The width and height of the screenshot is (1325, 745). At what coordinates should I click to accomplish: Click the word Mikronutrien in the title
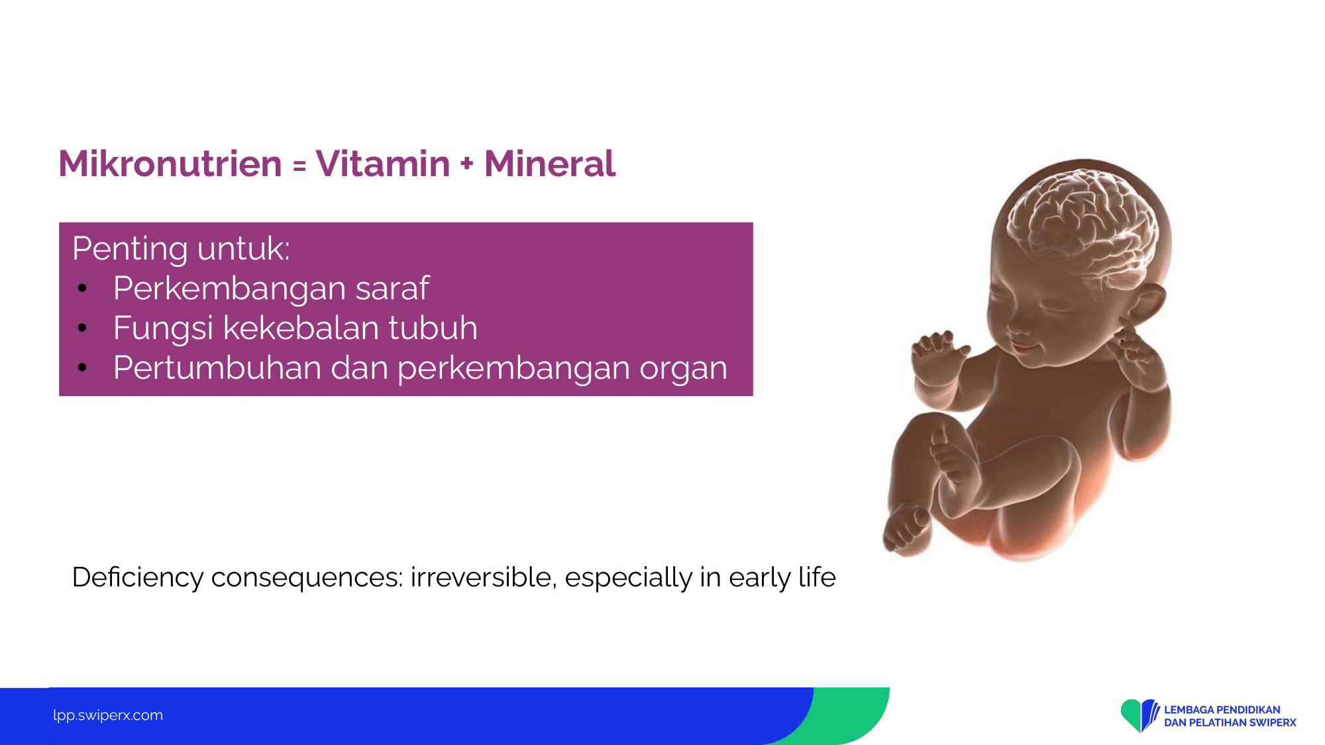(170, 164)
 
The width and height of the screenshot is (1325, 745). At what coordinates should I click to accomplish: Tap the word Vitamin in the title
(383, 164)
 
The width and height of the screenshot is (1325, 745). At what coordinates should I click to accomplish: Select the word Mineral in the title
(550, 164)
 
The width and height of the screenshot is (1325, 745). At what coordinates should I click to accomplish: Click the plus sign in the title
(467, 164)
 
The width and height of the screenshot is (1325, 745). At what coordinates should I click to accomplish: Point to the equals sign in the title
(299, 166)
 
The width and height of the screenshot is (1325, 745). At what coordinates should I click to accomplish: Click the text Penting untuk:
(181, 249)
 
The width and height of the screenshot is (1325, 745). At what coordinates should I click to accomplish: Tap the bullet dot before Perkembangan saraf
(82, 288)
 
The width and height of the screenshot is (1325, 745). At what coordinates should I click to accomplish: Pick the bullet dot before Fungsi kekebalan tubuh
(82, 328)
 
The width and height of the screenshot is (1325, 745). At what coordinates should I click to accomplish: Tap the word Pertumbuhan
(217, 368)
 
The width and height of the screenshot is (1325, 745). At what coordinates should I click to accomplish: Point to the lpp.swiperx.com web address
(108, 715)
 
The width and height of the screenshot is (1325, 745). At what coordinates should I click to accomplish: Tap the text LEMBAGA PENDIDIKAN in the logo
(1222, 710)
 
